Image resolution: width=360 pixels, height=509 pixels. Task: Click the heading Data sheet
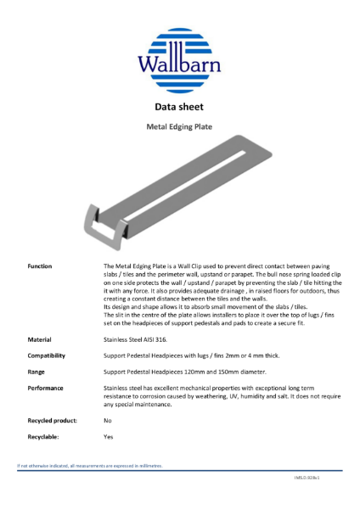coord(178,108)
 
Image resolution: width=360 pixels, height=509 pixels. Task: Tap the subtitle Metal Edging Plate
coord(179,127)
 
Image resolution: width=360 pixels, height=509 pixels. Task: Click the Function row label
coord(40,266)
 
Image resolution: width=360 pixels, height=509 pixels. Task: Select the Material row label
coord(39,338)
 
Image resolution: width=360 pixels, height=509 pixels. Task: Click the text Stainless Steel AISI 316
coord(141,338)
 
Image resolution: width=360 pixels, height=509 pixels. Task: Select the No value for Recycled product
coord(107,420)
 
